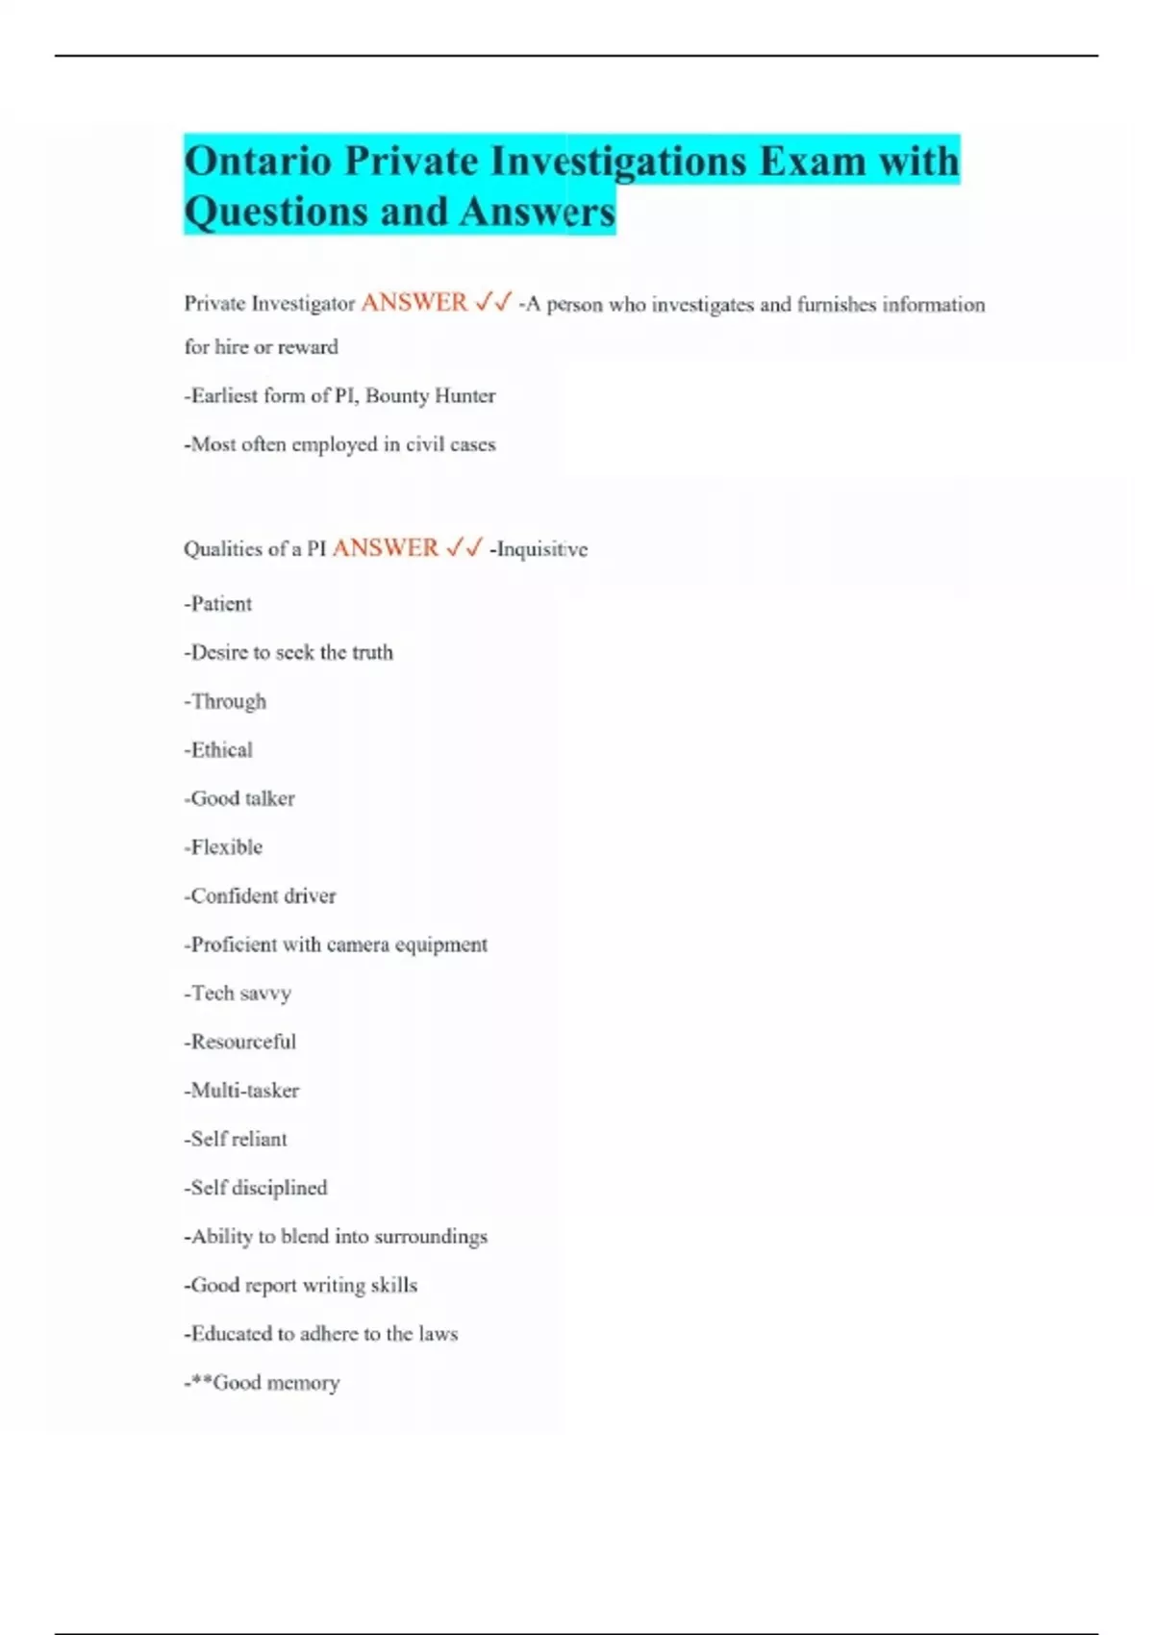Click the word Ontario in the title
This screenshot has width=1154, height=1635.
[x=258, y=161]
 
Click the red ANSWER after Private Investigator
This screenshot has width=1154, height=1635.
[x=414, y=303]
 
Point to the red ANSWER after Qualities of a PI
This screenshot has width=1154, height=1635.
[x=385, y=548]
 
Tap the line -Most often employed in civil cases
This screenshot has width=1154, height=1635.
[x=339, y=444]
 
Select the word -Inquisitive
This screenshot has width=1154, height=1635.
[x=539, y=549]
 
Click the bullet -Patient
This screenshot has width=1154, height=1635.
[x=218, y=604]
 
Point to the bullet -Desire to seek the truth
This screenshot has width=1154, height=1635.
[x=288, y=652]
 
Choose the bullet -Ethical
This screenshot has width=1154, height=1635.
[x=218, y=749]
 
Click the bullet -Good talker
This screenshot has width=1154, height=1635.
[x=239, y=798]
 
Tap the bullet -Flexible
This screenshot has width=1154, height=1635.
[x=223, y=847]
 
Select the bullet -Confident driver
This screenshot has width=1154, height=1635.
[x=260, y=895]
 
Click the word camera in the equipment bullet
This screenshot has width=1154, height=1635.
[x=358, y=944]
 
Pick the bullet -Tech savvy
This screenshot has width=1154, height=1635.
[x=238, y=993]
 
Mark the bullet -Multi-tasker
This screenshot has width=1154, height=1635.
[x=241, y=1090]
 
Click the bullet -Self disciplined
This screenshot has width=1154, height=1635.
[x=256, y=1188]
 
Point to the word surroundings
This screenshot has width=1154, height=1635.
[x=431, y=1236]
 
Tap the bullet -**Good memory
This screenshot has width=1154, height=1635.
[x=262, y=1382]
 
